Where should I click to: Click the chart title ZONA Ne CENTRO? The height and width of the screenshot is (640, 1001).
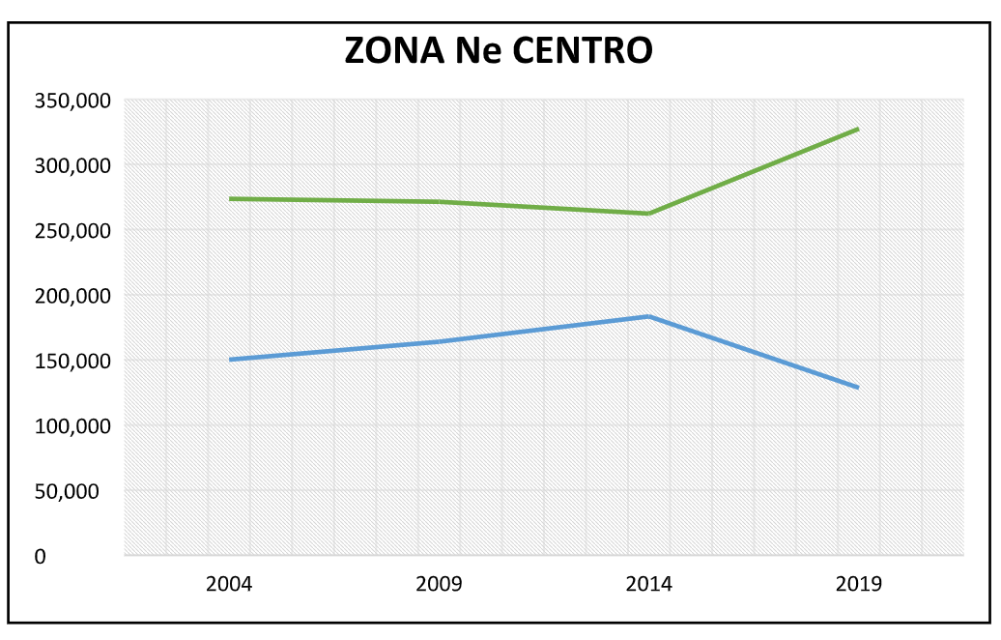(x=499, y=51)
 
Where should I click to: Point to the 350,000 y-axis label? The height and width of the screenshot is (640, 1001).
(x=72, y=100)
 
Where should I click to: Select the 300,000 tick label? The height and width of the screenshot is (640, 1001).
(x=72, y=165)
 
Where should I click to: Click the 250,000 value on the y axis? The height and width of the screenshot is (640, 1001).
(x=72, y=230)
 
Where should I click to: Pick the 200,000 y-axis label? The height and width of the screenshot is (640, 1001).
(x=72, y=295)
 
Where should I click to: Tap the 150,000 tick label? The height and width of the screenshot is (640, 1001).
(x=72, y=361)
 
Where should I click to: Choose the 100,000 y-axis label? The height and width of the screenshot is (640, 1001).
(x=72, y=425)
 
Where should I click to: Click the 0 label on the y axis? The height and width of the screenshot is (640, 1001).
(x=40, y=557)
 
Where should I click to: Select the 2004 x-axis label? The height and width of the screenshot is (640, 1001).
(x=229, y=585)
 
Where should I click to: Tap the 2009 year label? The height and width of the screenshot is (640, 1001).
(x=439, y=585)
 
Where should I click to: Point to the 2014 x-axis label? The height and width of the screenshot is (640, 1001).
(x=648, y=585)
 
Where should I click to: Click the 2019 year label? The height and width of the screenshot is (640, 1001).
(x=858, y=585)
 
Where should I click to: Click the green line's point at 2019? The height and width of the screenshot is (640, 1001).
(x=857, y=130)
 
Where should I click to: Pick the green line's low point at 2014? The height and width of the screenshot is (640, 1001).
(x=648, y=214)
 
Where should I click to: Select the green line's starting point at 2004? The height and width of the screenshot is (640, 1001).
(x=230, y=199)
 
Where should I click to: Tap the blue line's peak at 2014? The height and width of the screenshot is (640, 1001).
(x=648, y=316)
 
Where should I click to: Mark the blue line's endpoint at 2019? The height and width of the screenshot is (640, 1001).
(x=857, y=387)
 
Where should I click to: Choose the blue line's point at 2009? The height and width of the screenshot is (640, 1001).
(x=439, y=341)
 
